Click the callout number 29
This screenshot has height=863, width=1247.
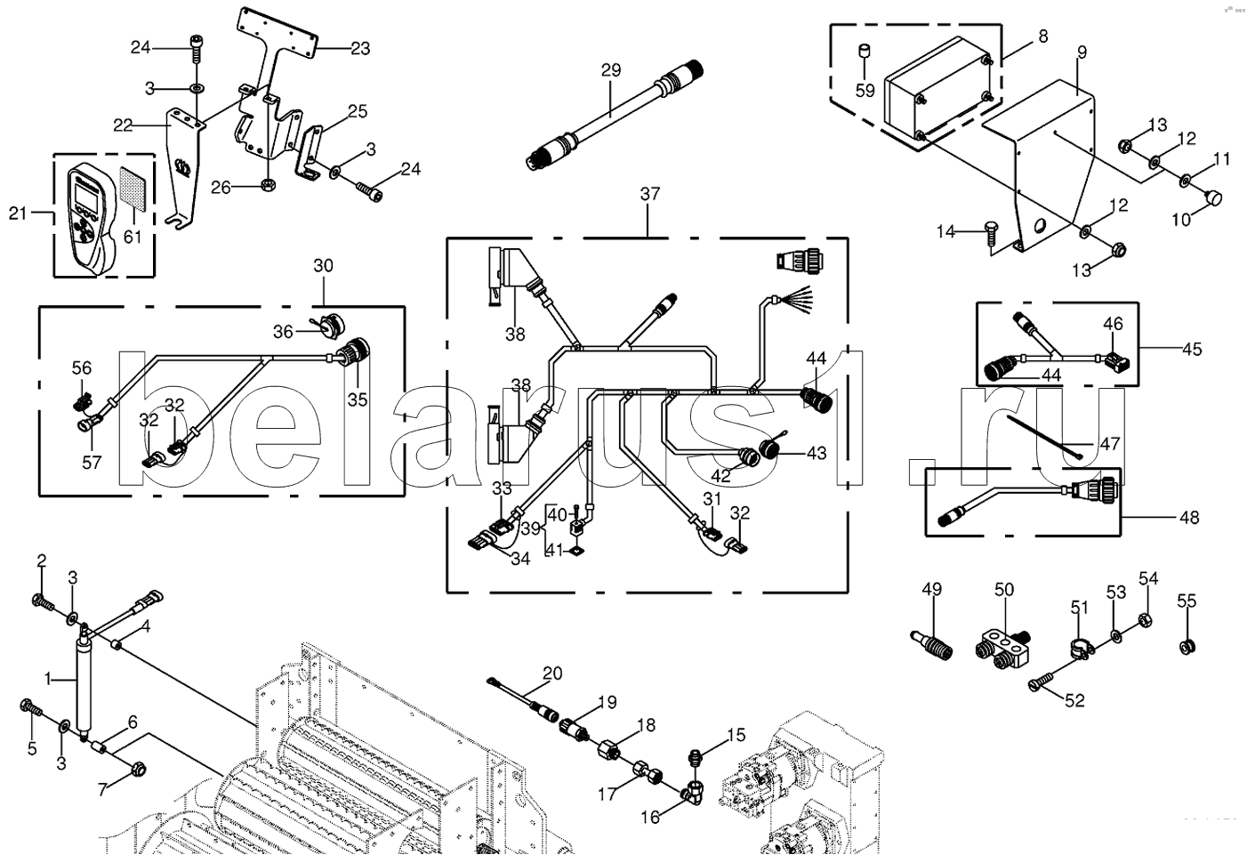(x=611, y=70)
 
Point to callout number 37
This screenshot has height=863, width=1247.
(x=649, y=194)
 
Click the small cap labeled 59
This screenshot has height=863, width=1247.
(x=864, y=52)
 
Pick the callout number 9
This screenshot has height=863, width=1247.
(x=1082, y=52)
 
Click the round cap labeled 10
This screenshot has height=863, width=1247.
(x=1213, y=197)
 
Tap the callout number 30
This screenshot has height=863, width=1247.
(x=323, y=266)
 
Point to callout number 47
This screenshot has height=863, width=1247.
(x=1109, y=444)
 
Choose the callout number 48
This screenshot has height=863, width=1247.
(x=1189, y=517)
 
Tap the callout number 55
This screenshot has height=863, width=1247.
(x=1187, y=601)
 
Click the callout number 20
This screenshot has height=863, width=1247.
(x=552, y=673)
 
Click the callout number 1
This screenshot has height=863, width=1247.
(x=49, y=679)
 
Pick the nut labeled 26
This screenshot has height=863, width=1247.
(x=267, y=183)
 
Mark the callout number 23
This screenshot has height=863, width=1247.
(x=360, y=49)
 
